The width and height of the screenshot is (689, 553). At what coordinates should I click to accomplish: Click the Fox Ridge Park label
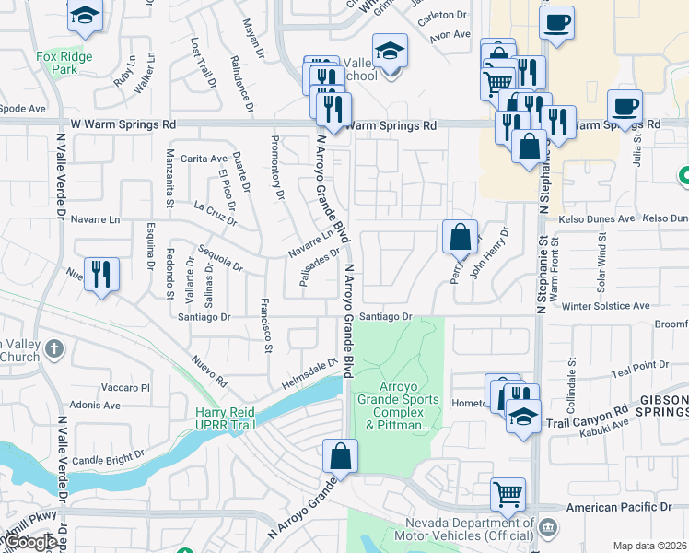click(x=64, y=63)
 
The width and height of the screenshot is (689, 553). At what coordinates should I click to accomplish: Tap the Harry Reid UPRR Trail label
click(x=225, y=418)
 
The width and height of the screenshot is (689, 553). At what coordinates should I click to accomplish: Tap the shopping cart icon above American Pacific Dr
click(x=508, y=493)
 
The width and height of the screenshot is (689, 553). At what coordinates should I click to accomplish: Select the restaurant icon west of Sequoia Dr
click(x=101, y=274)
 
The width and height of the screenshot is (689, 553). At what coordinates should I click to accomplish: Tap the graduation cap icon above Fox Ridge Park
click(x=85, y=16)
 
